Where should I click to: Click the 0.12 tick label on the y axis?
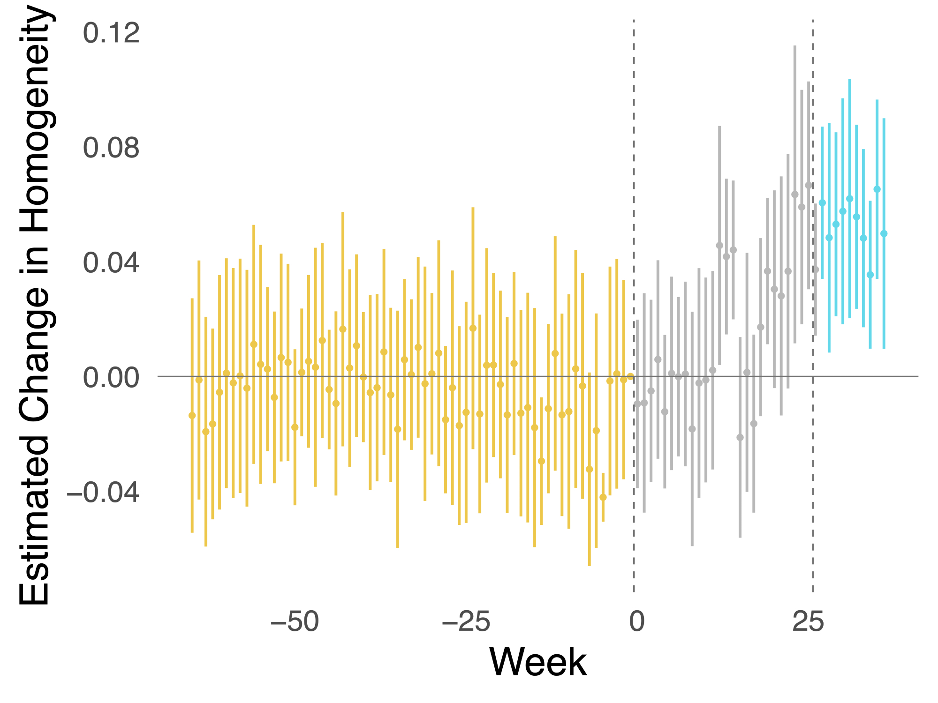pyautogui.click(x=111, y=33)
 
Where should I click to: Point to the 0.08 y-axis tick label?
pyautogui.click(x=111, y=148)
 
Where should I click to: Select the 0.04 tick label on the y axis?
pyautogui.click(x=111, y=263)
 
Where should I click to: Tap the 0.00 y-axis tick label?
pyautogui.click(x=111, y=378)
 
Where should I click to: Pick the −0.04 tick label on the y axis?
pyautogui.click(x=103, y=493)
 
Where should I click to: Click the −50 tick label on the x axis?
pyautogui.click(x=295, y=622)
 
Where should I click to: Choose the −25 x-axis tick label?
pyautogui.click(x=467, y=622)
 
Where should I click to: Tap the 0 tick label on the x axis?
pyautogui.click(x=636, y=622)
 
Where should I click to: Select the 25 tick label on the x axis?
pyautogui.click(x=808, y=622)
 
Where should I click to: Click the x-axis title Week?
pyautogui.click(x=537, y=662)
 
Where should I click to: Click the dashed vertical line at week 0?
pyautogui.click(x=634, y=187)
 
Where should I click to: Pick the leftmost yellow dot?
pyautogui.click(x=192, y=416)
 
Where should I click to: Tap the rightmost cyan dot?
pyautogui.click(x=884, y=233)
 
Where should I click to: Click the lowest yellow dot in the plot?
pyautogui.click(x=603, y=497)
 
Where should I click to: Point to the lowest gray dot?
pyautogui.click(x=740, y=437)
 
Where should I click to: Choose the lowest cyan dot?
pyautogui.click(x=870, y=275)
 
